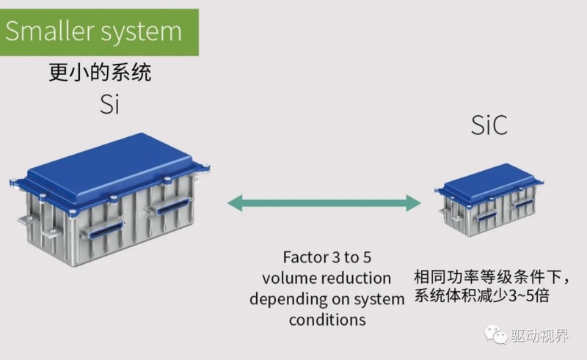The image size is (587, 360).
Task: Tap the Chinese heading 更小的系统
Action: click(x=103, y=73)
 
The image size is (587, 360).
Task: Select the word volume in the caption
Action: click(x=287, y=279)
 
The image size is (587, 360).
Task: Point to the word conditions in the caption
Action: click(x=327, y=320)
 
